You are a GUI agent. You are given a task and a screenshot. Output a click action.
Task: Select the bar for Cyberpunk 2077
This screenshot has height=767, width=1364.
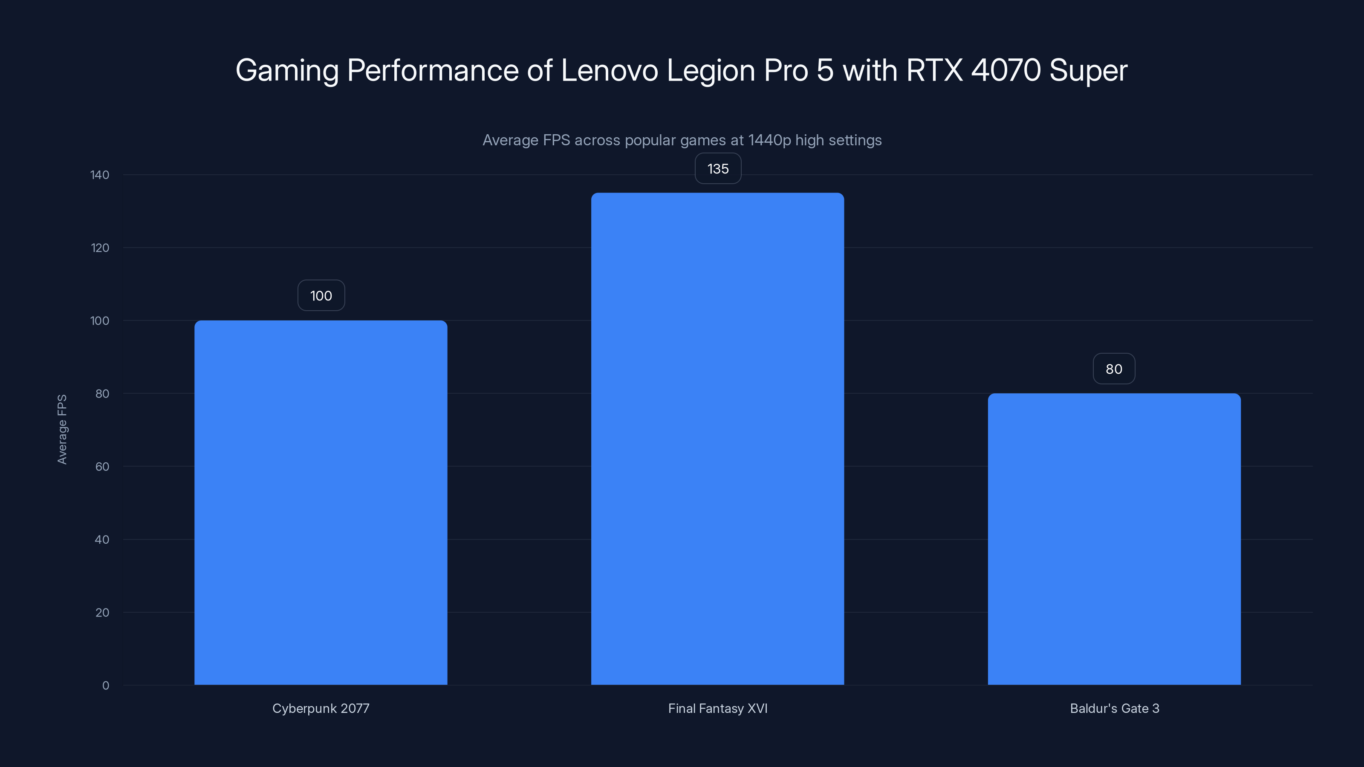[x=321, y=503]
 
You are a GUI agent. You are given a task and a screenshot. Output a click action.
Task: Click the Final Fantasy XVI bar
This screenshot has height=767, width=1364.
[x=717, y=439]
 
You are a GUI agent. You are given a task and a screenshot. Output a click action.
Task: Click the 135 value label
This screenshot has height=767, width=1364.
[x=717, y=169]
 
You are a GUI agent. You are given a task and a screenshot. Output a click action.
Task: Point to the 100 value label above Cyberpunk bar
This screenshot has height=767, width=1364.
[x=321, y=296]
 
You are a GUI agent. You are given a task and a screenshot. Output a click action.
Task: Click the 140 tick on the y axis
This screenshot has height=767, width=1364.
[x=100, y=175]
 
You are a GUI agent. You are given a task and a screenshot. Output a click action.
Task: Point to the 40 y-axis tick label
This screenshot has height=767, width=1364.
[x=102, y=540]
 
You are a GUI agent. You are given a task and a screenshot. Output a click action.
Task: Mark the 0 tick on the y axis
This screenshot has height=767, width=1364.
[x=105, y=686]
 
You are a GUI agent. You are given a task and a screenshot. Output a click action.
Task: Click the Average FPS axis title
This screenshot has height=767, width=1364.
[x=62, y=429]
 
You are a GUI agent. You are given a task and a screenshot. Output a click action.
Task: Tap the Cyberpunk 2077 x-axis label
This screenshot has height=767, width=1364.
[x=321, y=709]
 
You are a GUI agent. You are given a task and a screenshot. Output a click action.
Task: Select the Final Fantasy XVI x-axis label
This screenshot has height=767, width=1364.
[x=717, y=709]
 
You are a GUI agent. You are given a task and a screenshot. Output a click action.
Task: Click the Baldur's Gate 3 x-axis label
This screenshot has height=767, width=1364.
[x=1114, y=709]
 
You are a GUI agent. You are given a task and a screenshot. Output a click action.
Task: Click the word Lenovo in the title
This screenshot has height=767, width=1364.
[x=609, y=70]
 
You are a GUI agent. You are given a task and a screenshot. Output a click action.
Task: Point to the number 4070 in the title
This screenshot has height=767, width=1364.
[x=1006, y=70]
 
